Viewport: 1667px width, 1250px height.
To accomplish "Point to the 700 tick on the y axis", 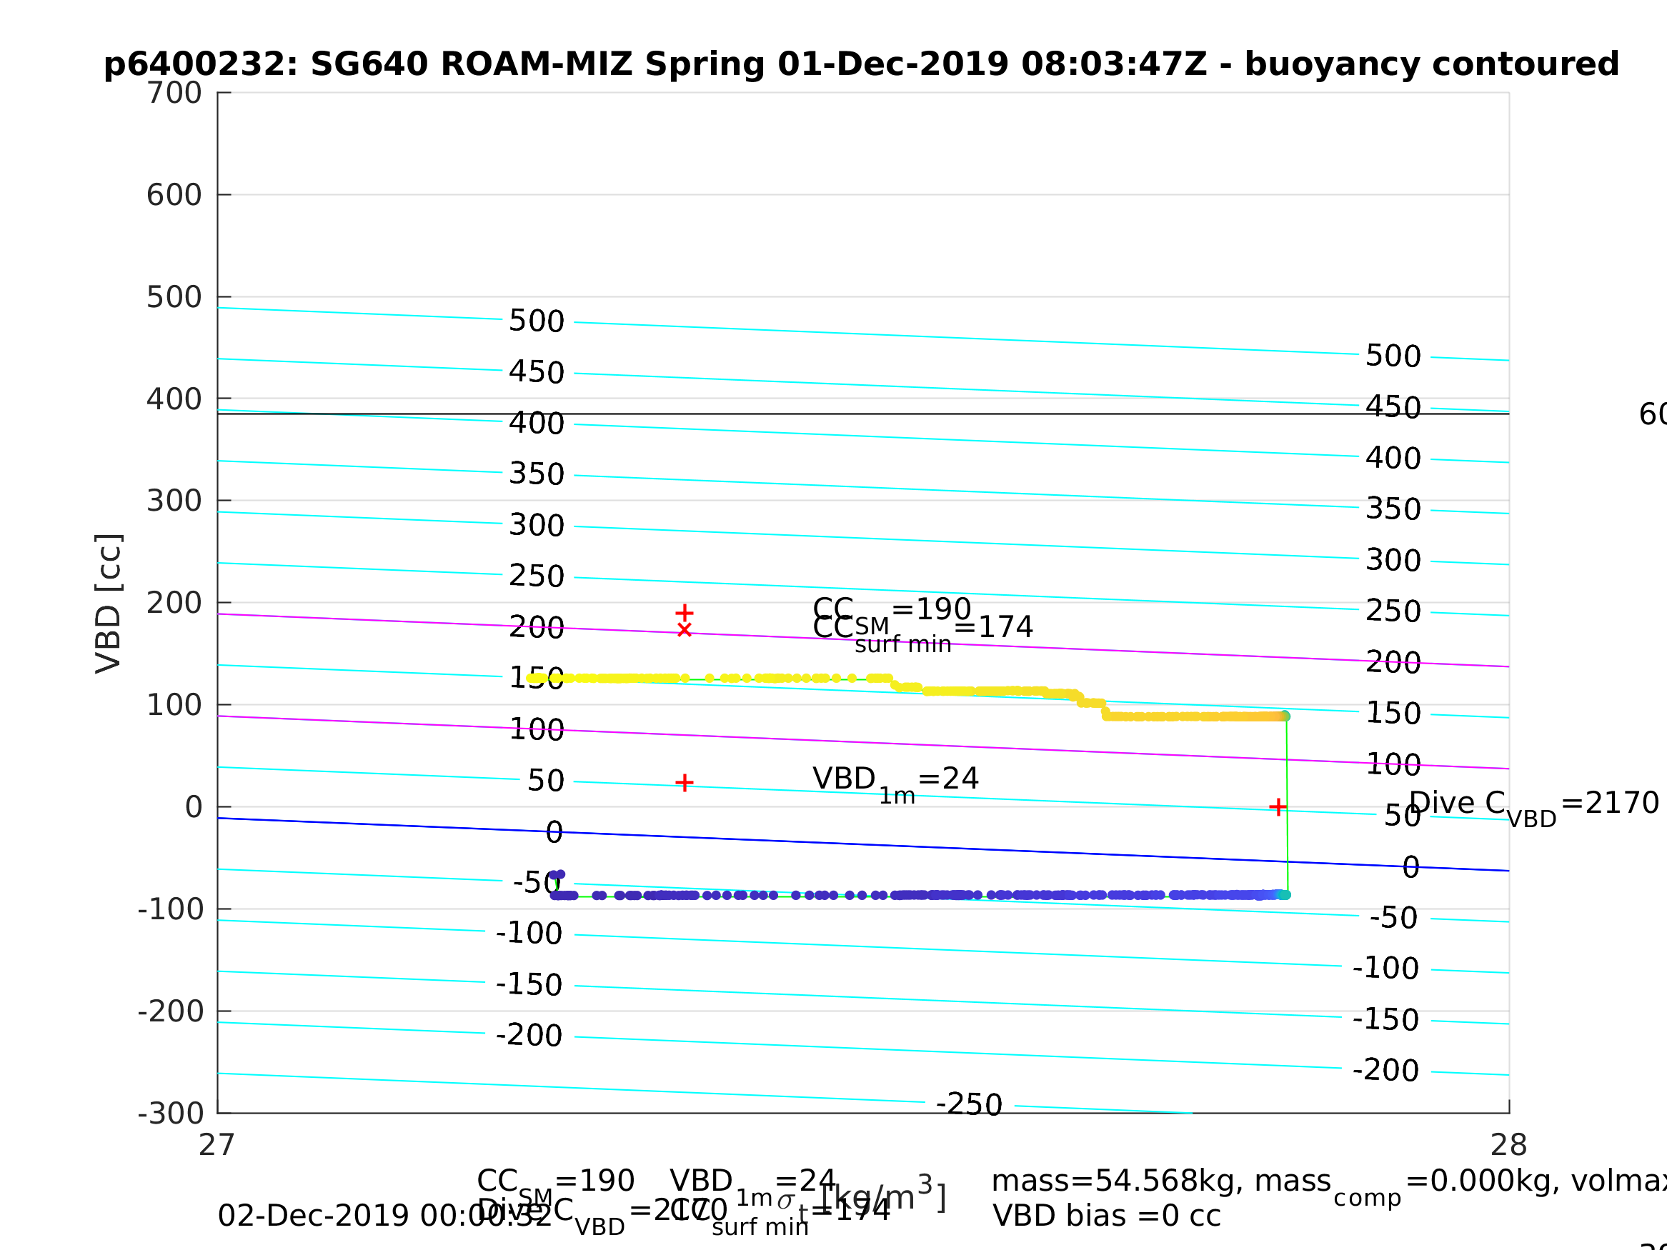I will point(174,94).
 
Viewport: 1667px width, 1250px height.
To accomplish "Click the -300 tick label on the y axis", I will point(171,1113).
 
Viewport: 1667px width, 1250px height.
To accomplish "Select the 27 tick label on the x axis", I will point(217,1145).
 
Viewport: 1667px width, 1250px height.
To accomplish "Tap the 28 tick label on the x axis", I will point(1509,1145).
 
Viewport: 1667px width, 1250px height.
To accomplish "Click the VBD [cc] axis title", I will point(109,603).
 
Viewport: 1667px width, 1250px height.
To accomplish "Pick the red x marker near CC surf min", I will point(685,630).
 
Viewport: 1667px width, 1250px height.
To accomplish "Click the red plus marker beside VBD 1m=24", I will point(685,783).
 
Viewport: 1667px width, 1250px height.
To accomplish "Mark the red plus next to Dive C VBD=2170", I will point(1278,808).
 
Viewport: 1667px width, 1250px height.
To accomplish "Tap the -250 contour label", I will point(969,1104).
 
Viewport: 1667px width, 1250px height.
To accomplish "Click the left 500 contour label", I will point(537,321).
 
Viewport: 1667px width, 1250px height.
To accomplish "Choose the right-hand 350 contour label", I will point(1393,509).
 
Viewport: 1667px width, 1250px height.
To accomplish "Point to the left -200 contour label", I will point(529,1035).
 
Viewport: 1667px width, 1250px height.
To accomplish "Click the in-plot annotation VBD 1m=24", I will point(895,780).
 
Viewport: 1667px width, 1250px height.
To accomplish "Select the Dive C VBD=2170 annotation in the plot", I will point(1533,805).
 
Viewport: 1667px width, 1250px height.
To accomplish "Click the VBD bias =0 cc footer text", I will point(1106,1216).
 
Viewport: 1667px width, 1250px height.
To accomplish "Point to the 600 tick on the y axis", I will point(174,195).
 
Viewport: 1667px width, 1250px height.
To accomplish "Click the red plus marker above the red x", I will point(685,614).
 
